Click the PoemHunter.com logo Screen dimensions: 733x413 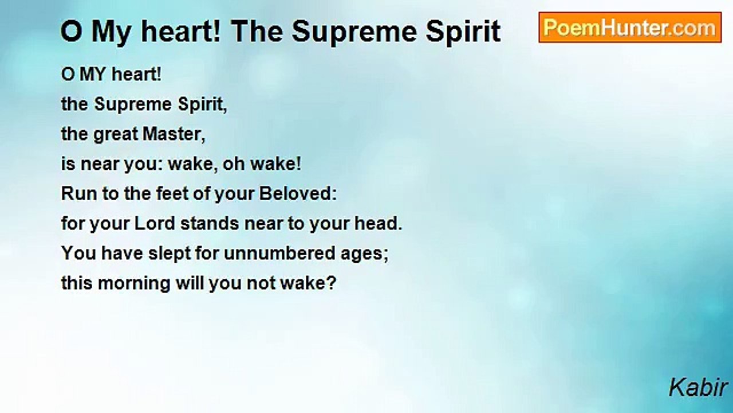630,28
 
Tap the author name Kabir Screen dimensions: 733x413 698,387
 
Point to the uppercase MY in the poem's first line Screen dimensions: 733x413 93,74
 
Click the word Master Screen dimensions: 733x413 174,134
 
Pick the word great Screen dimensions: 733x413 116,135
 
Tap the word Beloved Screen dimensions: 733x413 298,193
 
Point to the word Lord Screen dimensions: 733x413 155,223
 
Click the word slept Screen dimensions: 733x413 169,254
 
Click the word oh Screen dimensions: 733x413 233,163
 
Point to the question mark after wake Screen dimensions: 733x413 332,283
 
